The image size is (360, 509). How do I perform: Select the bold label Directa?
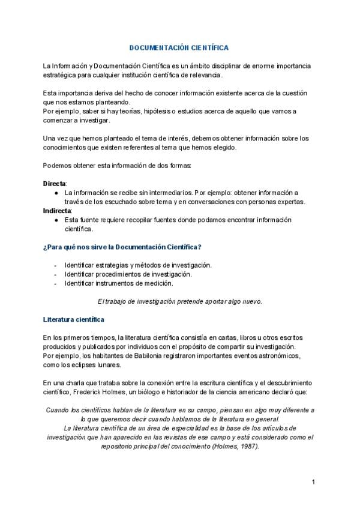pyautogui.click(x=55, y=183)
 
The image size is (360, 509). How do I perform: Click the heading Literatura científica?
pyautogui.click(x=74, y=319)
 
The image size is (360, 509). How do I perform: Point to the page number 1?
pyautogui.click(x=313, y=482)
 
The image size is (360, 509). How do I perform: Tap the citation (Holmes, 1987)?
pyautogui.click(x=232, y=447)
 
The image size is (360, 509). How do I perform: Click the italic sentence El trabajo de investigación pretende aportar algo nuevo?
pyautogui.click(x=179, y=301)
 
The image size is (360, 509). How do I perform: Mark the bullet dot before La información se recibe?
pyautogui.click(x=56, y=193)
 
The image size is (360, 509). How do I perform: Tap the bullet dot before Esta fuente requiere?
pyautogui.click(x=56, y=220)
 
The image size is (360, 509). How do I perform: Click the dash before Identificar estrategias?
pyautogui.click(x=56, y=265)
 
